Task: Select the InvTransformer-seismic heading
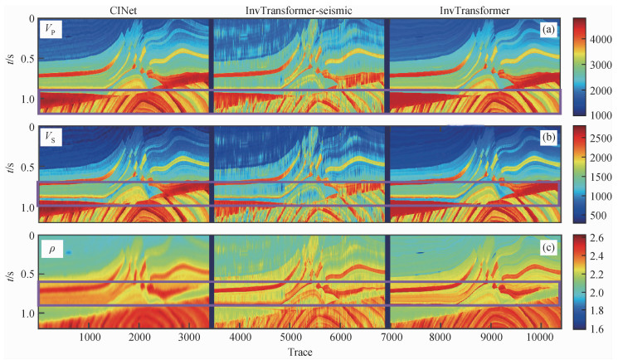point(299,8)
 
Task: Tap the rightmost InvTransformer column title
point(474,8)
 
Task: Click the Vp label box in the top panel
point(52,31)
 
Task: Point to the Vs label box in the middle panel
point(52,139)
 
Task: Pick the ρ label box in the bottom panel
point(51,246)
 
